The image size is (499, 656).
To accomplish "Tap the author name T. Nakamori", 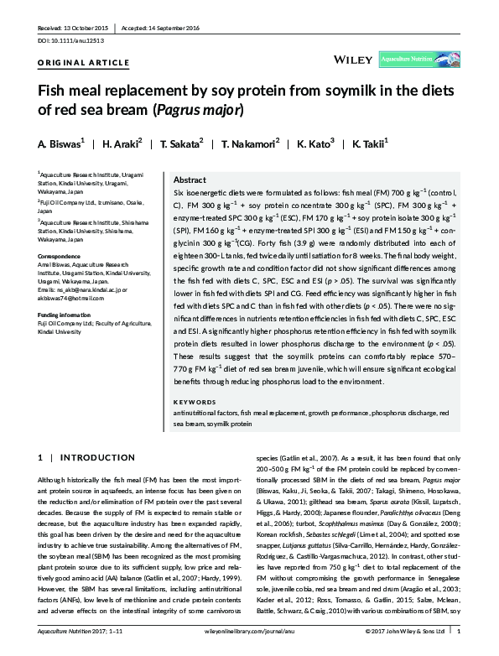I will pos(249,143).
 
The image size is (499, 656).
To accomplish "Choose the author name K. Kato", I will pos(316,143).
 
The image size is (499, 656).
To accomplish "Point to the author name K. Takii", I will pos(377,143).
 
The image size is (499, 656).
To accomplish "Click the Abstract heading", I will pos(190,180).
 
